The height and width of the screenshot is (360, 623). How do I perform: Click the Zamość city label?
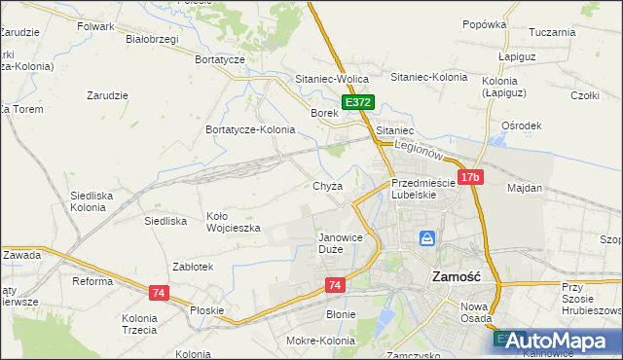(456, 276)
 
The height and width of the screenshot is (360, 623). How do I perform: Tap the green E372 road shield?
(357, 102)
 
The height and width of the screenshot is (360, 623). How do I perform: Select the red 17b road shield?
(470, 177)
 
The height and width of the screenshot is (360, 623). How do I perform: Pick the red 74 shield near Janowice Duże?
(335, 284)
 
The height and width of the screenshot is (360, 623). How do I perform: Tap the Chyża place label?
(328, 187)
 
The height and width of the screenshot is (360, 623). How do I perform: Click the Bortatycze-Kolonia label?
(250, 129)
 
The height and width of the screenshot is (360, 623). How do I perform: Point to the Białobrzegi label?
(152, 40)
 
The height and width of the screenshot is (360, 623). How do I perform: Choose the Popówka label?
(485, 24)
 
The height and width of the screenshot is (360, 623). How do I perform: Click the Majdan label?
(524, 187)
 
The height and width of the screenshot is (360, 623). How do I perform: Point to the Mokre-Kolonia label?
(320, 341)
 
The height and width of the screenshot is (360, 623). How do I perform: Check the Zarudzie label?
(108, 95)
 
